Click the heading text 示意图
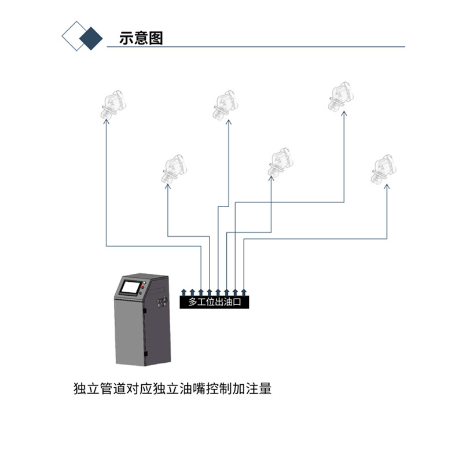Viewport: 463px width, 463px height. [141, 38]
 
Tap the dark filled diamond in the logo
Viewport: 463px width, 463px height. [91, 38]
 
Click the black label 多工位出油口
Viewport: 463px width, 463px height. [214, 302]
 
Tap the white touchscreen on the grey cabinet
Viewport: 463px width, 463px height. [131, 287]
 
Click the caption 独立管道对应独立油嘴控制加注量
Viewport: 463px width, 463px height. [172, 388]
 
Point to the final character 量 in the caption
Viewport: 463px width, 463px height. [265, 388]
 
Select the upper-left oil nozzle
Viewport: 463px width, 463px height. [113, 104]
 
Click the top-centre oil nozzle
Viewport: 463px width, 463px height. [225, 105]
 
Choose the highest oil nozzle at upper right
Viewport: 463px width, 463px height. [341, 96]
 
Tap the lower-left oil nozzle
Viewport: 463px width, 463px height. [174, 168]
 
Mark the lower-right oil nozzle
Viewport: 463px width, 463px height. [384, 168]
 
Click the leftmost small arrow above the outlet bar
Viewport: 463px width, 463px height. [183, 292]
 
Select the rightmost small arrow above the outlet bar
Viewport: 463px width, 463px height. [244, 292]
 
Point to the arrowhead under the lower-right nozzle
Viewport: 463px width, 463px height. [387, 186]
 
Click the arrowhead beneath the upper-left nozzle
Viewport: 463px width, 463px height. [106, 121]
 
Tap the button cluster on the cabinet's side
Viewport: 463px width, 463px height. [162, 302]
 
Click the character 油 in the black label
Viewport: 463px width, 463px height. [228, 302]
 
